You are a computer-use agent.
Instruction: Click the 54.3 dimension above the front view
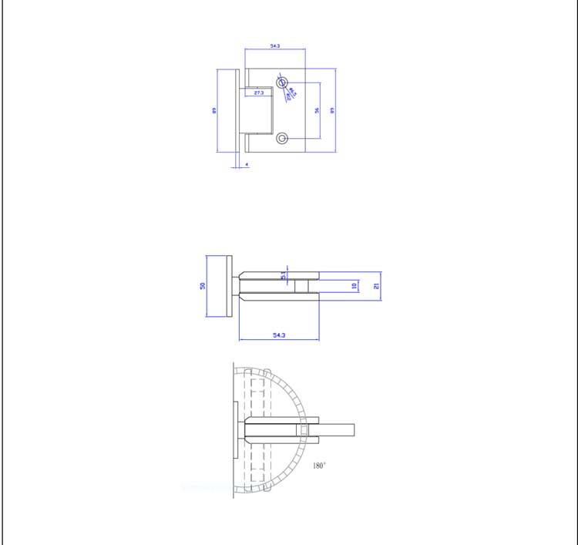coord(275,46)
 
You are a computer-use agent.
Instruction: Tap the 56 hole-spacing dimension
coord(317,110)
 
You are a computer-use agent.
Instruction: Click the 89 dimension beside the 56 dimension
coord(332,110)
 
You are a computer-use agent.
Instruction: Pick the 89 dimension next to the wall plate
coord(215,110)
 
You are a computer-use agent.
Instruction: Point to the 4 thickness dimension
coord(247,164)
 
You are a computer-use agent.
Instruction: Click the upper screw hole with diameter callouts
coord(282,82)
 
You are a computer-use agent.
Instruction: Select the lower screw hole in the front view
coord(282,139)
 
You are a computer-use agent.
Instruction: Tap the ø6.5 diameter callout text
coord(292,91)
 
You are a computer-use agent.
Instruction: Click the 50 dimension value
coord(203,285)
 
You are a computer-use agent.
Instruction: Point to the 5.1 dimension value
coord(284,274)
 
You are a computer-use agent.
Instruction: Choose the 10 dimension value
coord(355,285)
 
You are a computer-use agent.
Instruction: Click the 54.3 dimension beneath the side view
coord(278,335)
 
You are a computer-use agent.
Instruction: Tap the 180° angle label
coord(319,466)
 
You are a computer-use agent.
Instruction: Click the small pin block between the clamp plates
coord(300,285)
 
